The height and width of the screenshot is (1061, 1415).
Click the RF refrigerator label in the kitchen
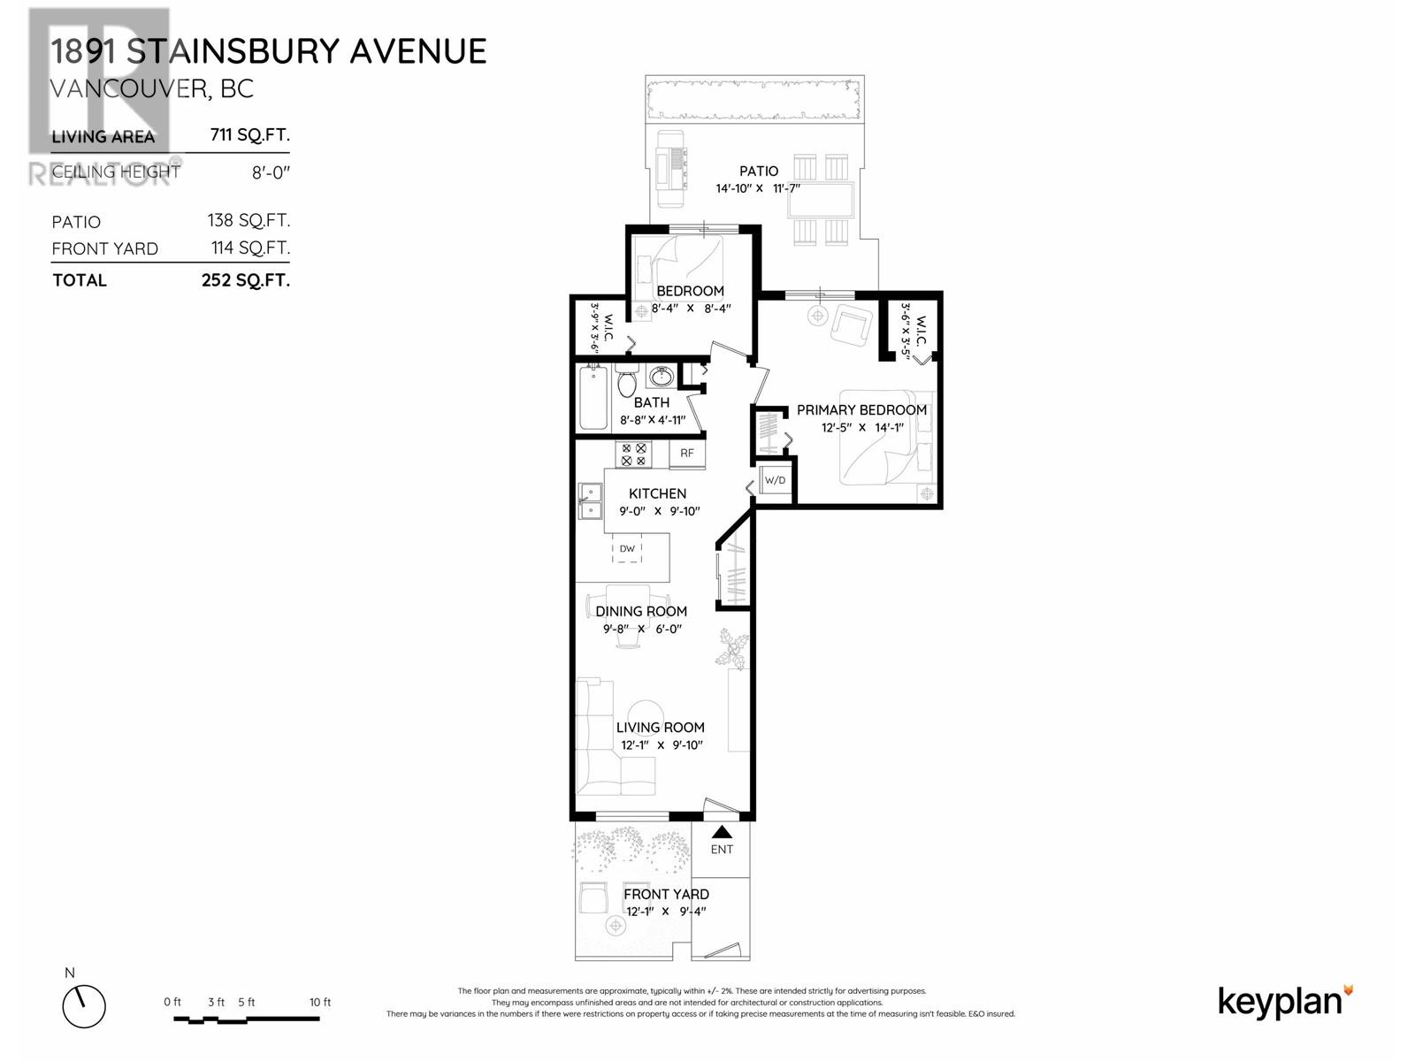coord(687,454)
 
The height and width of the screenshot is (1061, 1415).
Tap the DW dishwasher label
coord(627,549)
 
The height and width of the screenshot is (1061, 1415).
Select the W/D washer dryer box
coord(774,481)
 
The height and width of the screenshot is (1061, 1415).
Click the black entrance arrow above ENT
coord(722,832)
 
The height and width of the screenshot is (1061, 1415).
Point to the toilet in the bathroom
coord(626,383)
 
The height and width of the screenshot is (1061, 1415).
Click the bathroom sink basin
coord(660,378)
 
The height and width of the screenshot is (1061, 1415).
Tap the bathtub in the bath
coord(593,398)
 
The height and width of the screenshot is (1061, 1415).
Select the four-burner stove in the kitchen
coord(634,454)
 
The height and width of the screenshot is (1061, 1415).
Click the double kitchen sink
coord(589,500)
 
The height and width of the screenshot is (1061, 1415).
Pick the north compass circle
coord(84,1006)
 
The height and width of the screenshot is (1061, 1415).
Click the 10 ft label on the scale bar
coord(320,1002)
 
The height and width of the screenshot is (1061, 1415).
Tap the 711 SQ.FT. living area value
coord(249,135)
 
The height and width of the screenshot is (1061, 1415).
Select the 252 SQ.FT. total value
coord(245,280)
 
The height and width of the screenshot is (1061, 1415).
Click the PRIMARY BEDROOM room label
coord(861,410)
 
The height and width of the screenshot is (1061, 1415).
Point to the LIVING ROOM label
coord(661,728)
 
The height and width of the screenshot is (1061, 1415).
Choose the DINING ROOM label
coord(641,611)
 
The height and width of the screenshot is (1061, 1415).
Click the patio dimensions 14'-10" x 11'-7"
coord(758,188)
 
